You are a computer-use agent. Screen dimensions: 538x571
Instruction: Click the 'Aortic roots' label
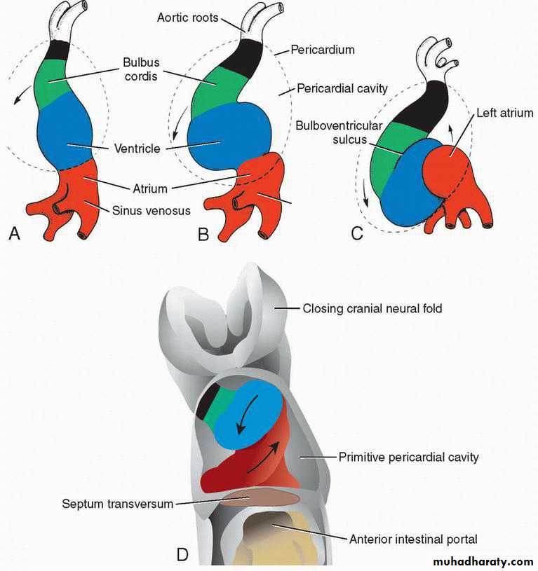(x=187, y=18)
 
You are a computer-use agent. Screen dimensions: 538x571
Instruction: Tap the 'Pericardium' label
(x=323, y=50)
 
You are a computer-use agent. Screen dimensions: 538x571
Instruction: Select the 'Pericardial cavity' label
(x=342, y=88)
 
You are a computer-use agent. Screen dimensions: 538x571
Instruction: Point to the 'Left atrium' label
(x=505, y=113)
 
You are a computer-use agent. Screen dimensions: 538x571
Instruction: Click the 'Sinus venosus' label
(x=152, y=210)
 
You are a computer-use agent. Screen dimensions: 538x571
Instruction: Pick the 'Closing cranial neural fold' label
(x=372, y=309)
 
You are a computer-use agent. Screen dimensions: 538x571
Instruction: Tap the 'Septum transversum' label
(x=117, y=504)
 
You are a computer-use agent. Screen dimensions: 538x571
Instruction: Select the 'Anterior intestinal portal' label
(x=413, y=539)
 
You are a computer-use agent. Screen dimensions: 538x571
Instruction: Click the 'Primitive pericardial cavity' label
(x=409, y=457)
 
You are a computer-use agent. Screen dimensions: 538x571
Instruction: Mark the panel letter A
(x=14, y=233)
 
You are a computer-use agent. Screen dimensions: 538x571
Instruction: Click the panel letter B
(x=203, y=234)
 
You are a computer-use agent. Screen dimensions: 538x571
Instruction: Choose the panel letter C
(x=357, y=233)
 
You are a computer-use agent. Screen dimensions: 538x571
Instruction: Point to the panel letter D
(x=182, y=555)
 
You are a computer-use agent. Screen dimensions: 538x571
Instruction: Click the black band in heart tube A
(x=58, y=50)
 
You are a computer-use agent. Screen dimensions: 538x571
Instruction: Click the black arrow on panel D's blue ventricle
(x=247, y=414)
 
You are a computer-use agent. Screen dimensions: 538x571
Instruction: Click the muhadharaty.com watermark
(x=483, y=561)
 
